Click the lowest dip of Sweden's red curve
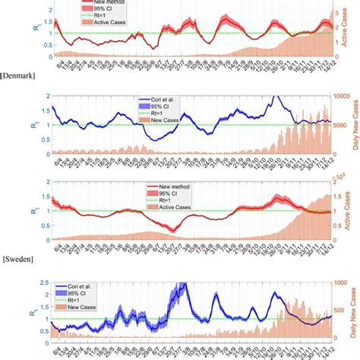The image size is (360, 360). (x=173, y=229)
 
